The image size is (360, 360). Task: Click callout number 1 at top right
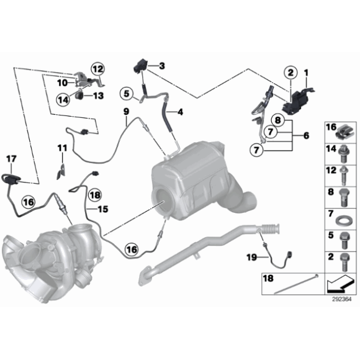pos(305,73)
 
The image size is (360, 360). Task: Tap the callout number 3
pos(161,66)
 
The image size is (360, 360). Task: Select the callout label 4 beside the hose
pos(181,112)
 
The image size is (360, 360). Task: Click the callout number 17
pos(11,159)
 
